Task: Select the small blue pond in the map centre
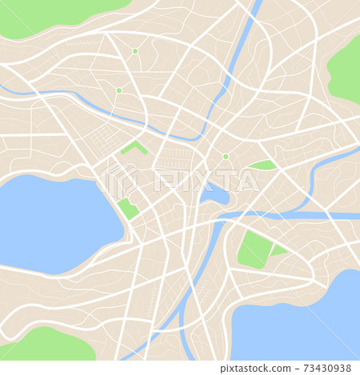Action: pos(214,194)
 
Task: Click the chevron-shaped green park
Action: pos(134,147)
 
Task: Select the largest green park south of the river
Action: pos(254,249)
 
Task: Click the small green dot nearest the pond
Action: pos(226,157)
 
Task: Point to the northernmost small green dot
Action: pos(135,51)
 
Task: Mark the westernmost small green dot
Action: pos(118,91)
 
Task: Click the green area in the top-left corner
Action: pos(48,14)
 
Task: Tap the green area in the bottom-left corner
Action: pos(48,345)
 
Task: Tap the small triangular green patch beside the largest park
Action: pos(278,250)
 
